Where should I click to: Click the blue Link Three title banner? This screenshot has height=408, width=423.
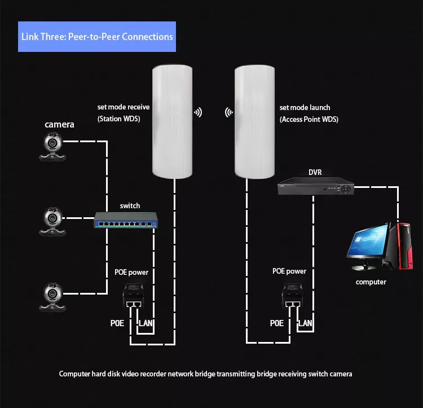(97, 37)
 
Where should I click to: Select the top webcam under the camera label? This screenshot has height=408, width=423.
(52, 144)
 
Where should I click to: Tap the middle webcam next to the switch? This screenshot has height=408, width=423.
(52, 220)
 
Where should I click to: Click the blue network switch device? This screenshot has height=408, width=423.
(124, 221)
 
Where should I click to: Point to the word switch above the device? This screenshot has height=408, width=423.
(130, 206)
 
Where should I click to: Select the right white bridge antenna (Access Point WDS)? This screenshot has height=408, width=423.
(254, 121)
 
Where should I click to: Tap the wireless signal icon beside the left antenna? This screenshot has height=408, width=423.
(198, 112)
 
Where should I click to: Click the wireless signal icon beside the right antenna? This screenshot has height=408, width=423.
(229, 112)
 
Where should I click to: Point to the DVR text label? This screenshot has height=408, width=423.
(315, 172)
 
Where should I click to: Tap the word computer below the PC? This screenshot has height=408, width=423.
(371, 282)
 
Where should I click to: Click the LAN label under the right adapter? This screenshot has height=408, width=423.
(305, 323)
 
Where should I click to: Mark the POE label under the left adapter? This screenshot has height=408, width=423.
(117, 324)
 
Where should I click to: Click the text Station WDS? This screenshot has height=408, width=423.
(119, 119)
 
